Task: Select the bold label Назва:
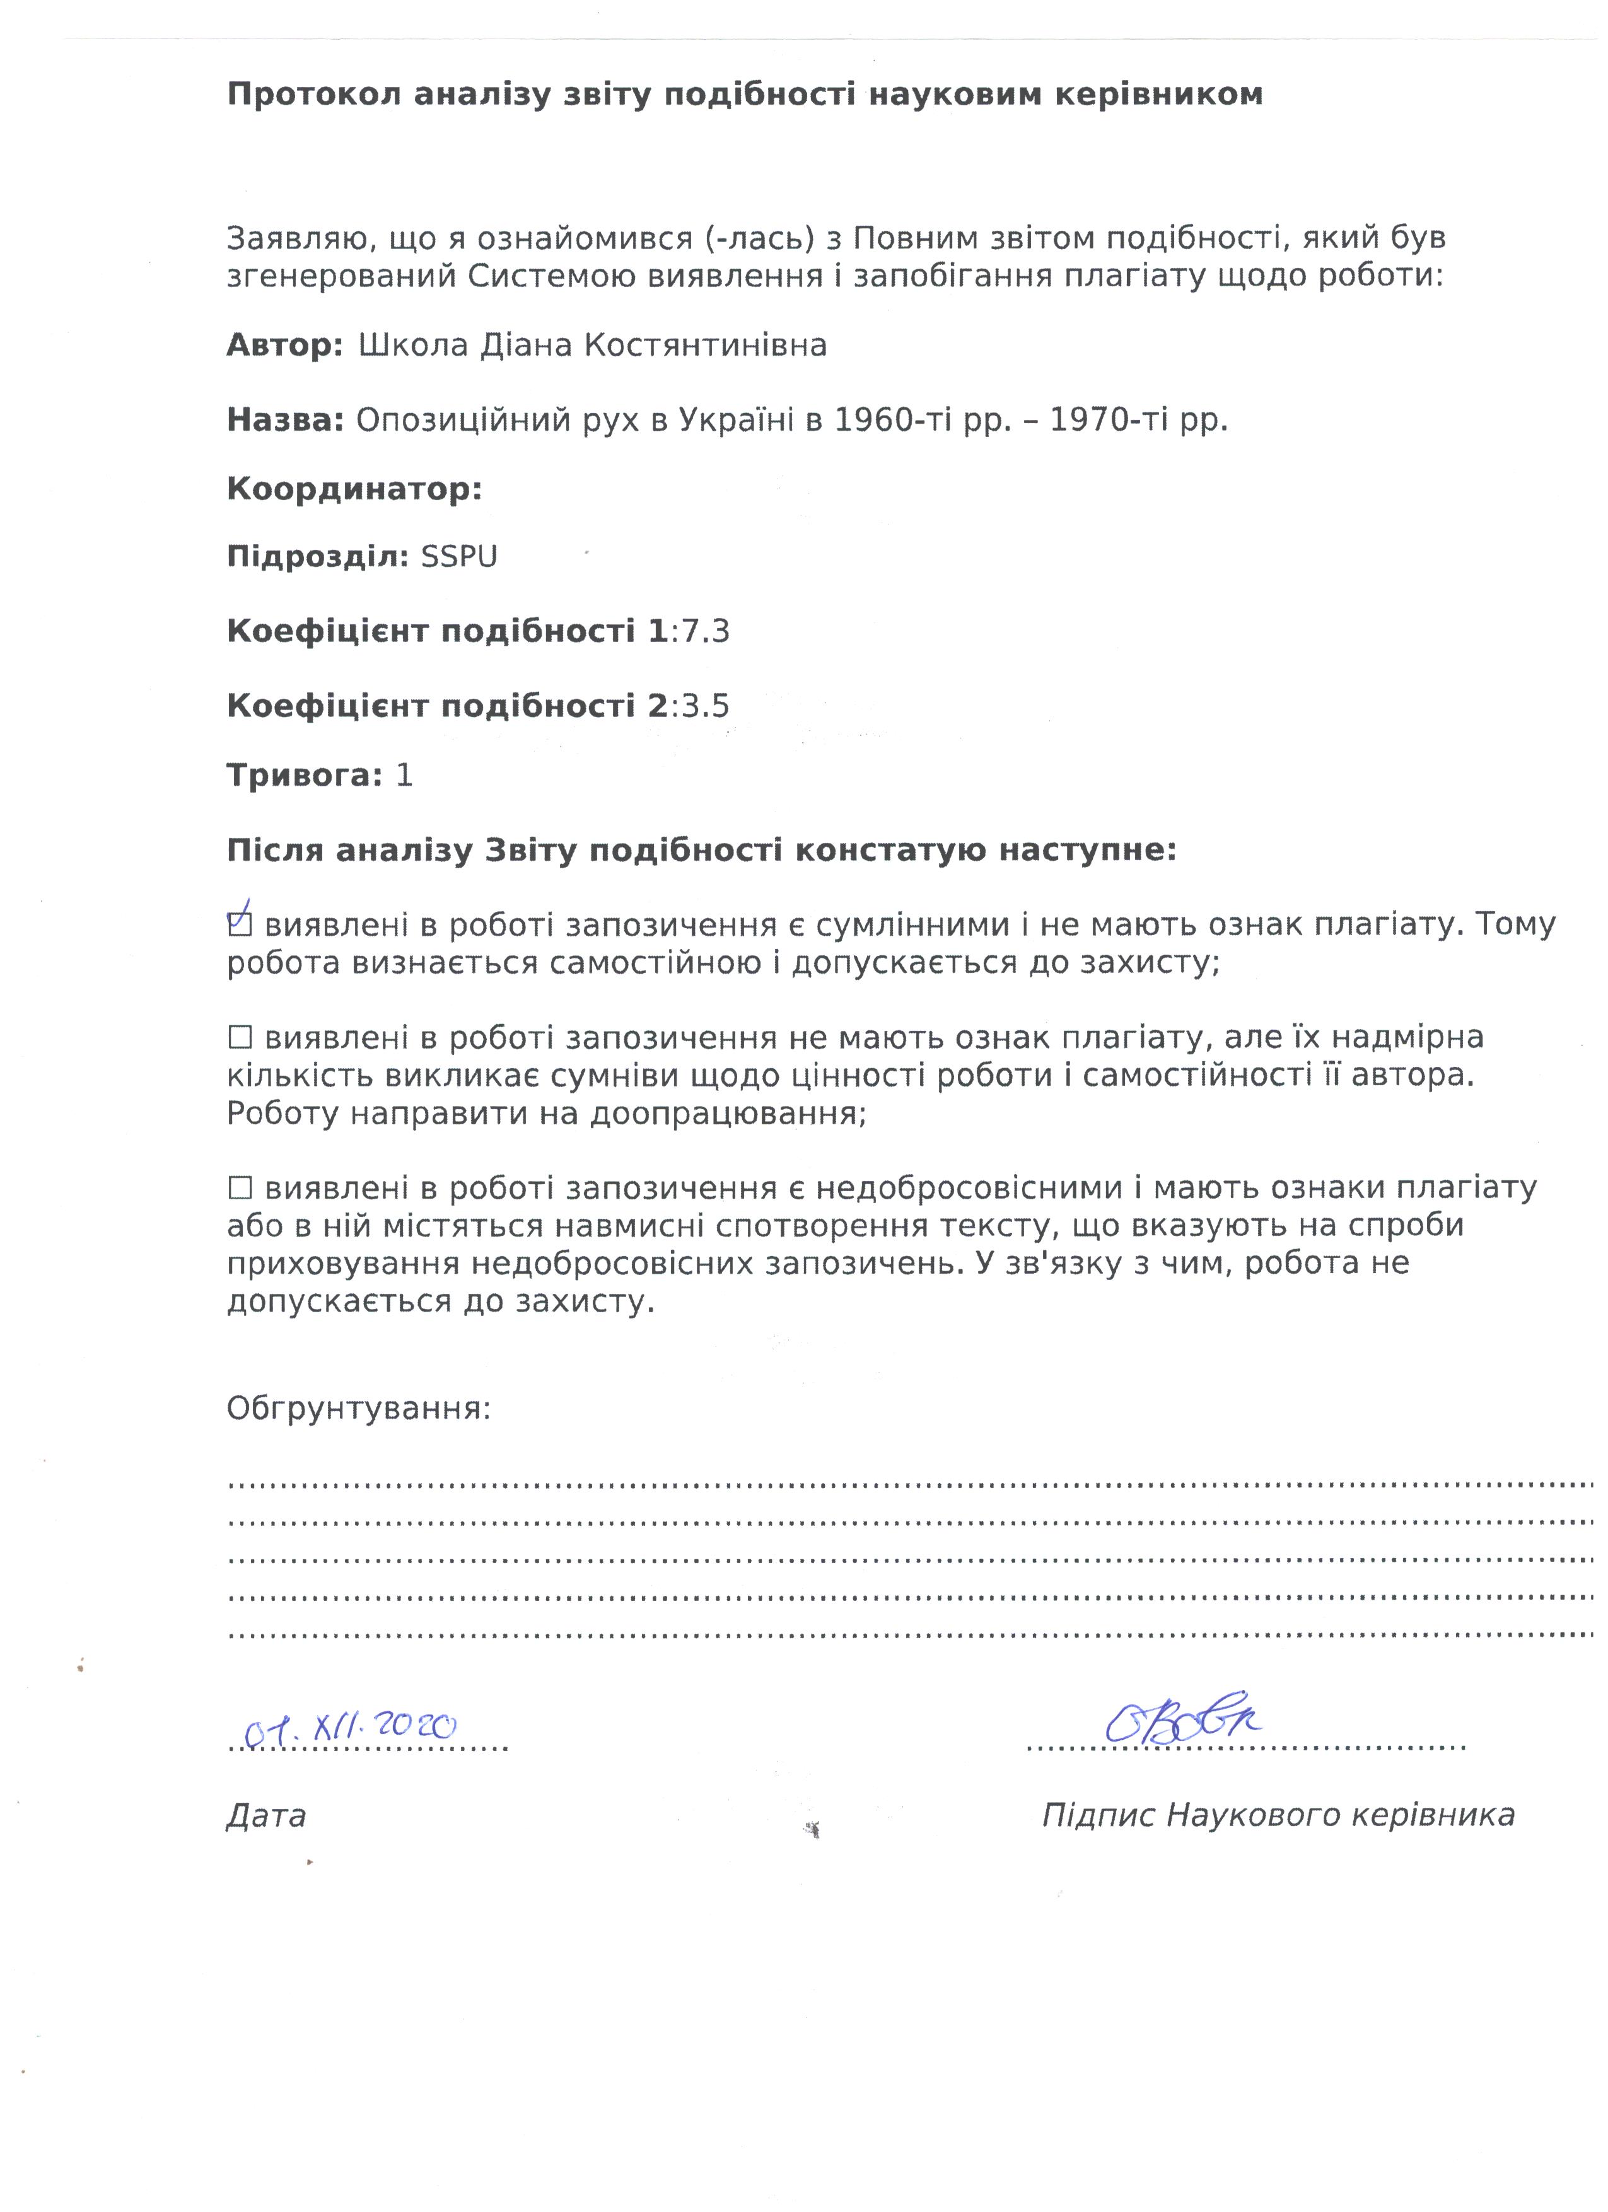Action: [x=285, y=421]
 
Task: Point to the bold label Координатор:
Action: [x=354, y=489]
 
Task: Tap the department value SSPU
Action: [x=458, y=557]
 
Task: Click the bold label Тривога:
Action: [x=304, y=776]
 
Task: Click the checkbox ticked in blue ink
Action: [x=239, y=923]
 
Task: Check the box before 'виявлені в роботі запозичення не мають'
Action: [x=239, y=1037]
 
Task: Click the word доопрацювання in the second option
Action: [x=728, y=1113]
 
